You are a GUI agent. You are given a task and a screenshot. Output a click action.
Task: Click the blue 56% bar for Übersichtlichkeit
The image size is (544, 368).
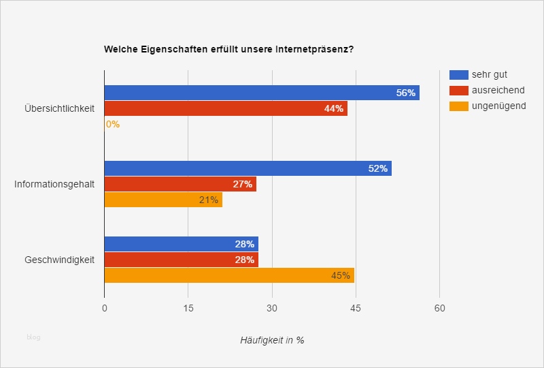click(x=262, y=93)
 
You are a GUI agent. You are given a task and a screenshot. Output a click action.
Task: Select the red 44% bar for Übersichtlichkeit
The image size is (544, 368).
click(x=226, y=108)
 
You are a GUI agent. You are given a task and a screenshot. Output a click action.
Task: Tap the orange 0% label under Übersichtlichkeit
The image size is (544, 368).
click(x=112, y=124)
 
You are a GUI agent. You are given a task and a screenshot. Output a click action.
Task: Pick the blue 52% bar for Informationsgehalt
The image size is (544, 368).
click(x=248, y=168)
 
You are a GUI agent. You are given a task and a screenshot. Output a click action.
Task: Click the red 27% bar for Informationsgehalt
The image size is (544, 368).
click(x=180, y=184)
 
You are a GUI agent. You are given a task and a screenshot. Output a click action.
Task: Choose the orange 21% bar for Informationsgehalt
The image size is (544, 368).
click(x=163, y=200)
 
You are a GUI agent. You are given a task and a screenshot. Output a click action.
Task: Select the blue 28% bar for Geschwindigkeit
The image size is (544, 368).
click(x=181, y=244)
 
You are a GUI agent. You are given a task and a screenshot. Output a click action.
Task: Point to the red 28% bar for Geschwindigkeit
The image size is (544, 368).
click(x=181, y=260)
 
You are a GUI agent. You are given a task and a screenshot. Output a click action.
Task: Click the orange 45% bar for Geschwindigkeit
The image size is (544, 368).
click(x=229, y=275)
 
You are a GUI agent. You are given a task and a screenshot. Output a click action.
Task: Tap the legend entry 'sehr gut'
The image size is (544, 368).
click(x=489, y=74)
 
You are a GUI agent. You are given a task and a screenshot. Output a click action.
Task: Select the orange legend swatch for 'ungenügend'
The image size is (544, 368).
click(x=459, y=106)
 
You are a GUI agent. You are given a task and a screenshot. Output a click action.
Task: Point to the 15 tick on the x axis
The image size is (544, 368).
click(x=188, y=308)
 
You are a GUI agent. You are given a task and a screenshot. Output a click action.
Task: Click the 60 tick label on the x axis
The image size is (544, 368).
click(x=440, y=308)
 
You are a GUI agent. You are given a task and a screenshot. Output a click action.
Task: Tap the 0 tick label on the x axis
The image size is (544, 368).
click(x=105, y=308)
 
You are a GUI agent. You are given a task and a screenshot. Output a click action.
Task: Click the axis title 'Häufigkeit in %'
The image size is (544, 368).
click(x=272, y=340)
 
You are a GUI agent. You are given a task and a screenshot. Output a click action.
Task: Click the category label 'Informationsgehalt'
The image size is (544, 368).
click(x=54, y=184)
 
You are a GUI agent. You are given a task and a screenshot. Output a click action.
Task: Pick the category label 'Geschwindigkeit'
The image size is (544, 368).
click(x=59, y=260)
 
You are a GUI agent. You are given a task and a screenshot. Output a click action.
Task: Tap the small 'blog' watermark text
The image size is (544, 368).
click(x=33, y=337)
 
